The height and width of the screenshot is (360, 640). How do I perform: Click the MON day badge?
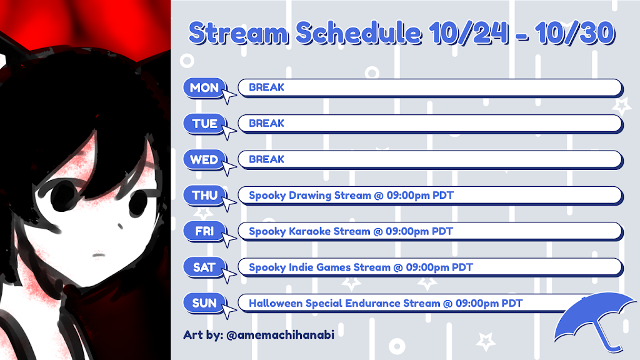[x=204, y=87]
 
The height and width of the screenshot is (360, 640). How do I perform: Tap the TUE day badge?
[x=204, y=124]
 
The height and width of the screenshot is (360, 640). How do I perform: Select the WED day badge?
[x=204, y=159]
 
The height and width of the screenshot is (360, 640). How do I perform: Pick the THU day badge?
[x=204, y=196]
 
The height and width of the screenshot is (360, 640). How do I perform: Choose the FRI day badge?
[x=204, y=231]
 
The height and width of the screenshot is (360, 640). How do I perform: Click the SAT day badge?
[x=204, y=267]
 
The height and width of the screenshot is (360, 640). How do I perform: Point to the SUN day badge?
[x=204, y=303]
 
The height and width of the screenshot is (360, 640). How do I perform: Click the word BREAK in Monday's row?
[x=266, y=87]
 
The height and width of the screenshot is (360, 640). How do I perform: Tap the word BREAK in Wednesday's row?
[x=266, y=159]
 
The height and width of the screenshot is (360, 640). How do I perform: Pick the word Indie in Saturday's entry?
[x=301, y=267]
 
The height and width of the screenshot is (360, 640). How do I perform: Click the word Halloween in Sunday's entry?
[x=276, y=303]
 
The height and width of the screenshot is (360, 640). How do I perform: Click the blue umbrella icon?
[x=594, y=318]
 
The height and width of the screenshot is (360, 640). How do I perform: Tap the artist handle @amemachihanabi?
[x=280, y=335]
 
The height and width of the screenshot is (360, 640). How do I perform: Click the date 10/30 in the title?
[x=575, y=33]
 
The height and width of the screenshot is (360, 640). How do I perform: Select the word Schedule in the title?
[x=358, y=33]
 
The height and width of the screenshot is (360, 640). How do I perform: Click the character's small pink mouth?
[x=98, y=256]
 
